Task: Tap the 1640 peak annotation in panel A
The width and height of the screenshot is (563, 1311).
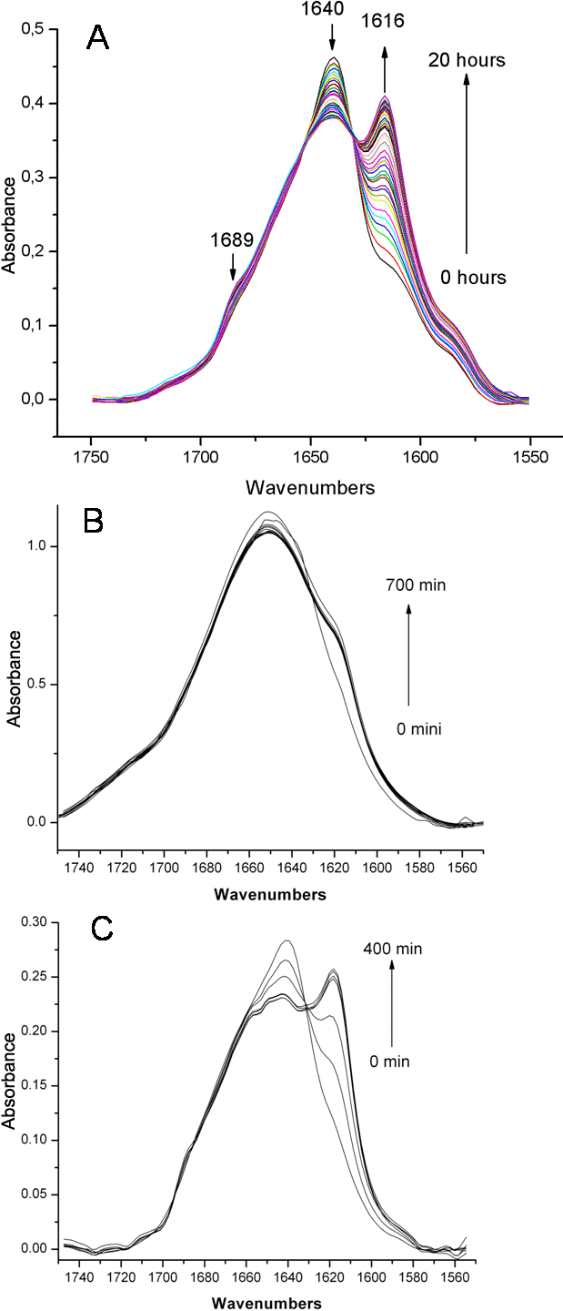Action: [331, 12]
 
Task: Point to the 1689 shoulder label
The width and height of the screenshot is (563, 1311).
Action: [232, 242]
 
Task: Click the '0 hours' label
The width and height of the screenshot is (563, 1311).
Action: [472, 277]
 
